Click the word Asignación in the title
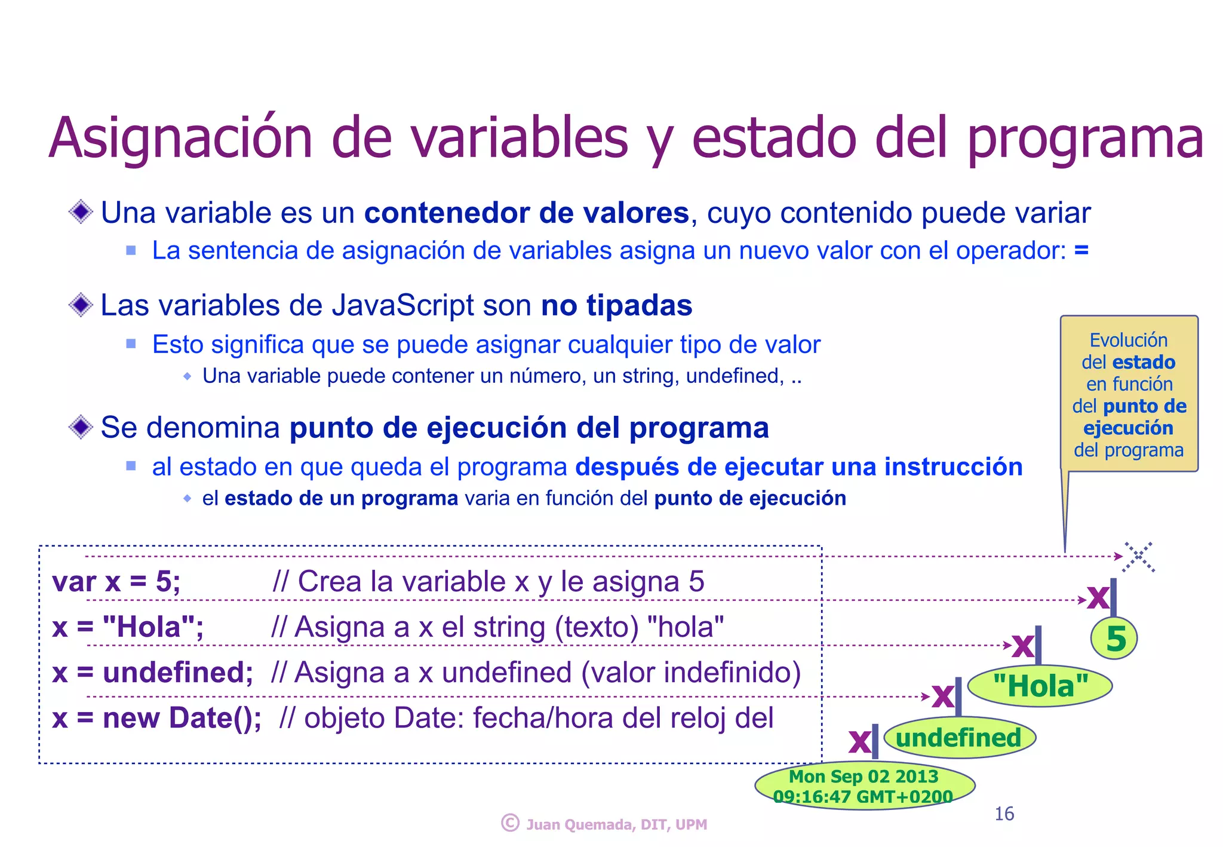(180, 139)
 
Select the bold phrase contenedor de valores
(526, 213)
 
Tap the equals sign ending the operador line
(1081, 250)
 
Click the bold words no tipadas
(616, 305)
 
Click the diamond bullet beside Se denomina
(81, 427)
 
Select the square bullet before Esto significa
(131, 343)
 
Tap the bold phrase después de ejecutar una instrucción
(798, 467)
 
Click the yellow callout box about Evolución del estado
(1129, 394)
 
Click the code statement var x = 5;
(116, 581)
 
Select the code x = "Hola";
(128, 627)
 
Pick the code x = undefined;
(152, 673)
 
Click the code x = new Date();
(156, 718)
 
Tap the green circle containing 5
(1114, 639)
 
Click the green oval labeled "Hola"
(1040, 686)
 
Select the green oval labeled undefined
(959, 738)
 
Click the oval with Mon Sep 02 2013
(864, 785)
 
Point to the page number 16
(1004, 814)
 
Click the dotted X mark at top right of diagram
(1139, 557)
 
